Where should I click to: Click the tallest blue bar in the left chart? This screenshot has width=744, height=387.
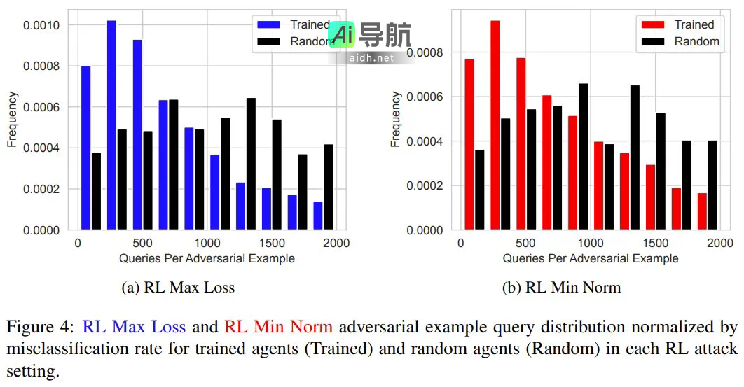pyautogui.click(x=111, y=125)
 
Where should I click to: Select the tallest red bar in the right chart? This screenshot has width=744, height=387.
pyautogui.click(x=495, y=125)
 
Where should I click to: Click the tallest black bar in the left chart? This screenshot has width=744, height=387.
pyautogui.click(x=251, y=164)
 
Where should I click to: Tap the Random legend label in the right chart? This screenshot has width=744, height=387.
pyautogui.click(x=696, y=41)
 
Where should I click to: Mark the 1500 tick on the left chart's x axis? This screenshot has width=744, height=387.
pyautogui.click(x=272, y=243)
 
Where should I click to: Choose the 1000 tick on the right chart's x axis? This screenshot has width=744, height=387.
pyautogui.click(x=591, y=243)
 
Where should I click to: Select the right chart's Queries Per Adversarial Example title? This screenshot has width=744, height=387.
pyautogui.click(x=590, y=258)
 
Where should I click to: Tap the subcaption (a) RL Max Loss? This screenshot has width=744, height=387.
pyautogui.click(x=178, y=287)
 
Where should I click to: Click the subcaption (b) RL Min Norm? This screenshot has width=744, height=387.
pyautogui.click(x=561, y=287)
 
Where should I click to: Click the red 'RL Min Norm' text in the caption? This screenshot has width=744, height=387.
pyautogui.click(x=278, y=326)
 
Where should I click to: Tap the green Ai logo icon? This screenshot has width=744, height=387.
pyautogui.click(x=344, y=34)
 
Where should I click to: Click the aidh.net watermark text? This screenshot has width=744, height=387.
pyautogui.click(x=371, y=57)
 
